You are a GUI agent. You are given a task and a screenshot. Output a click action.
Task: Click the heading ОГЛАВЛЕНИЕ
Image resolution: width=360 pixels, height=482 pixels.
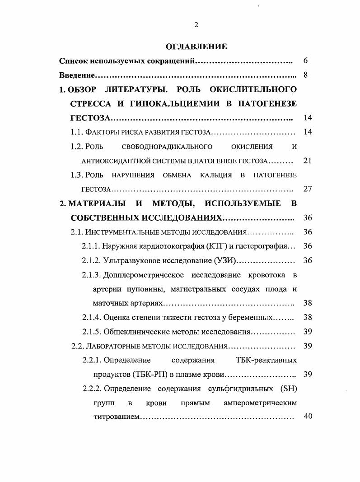coord(196,46)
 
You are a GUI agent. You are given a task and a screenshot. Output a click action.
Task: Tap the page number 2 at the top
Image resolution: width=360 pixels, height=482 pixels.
coord(196,25)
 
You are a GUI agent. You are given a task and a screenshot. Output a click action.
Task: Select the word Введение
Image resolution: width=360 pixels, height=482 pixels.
coord(75,75)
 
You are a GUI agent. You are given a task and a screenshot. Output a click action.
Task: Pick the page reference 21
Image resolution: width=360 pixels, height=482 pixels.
coord(308,161)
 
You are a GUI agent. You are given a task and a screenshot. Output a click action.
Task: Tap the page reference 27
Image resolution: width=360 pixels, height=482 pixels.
coord(308,189)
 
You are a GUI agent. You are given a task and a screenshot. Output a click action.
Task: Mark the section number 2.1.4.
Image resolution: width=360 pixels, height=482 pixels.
coord(92,317)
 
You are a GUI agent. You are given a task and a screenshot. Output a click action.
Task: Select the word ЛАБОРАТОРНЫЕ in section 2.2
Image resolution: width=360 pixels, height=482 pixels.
coord(112,346)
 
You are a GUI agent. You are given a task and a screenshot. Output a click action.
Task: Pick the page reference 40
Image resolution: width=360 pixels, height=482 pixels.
coord(308,416)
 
